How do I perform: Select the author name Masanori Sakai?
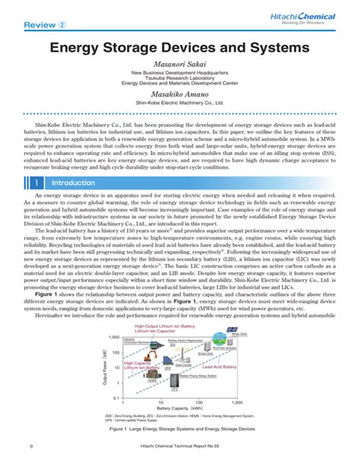click(180, 66)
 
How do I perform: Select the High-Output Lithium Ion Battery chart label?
click(160, 329)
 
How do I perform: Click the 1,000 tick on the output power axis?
click(114, 337)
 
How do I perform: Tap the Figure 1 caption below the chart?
click(180, 430)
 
